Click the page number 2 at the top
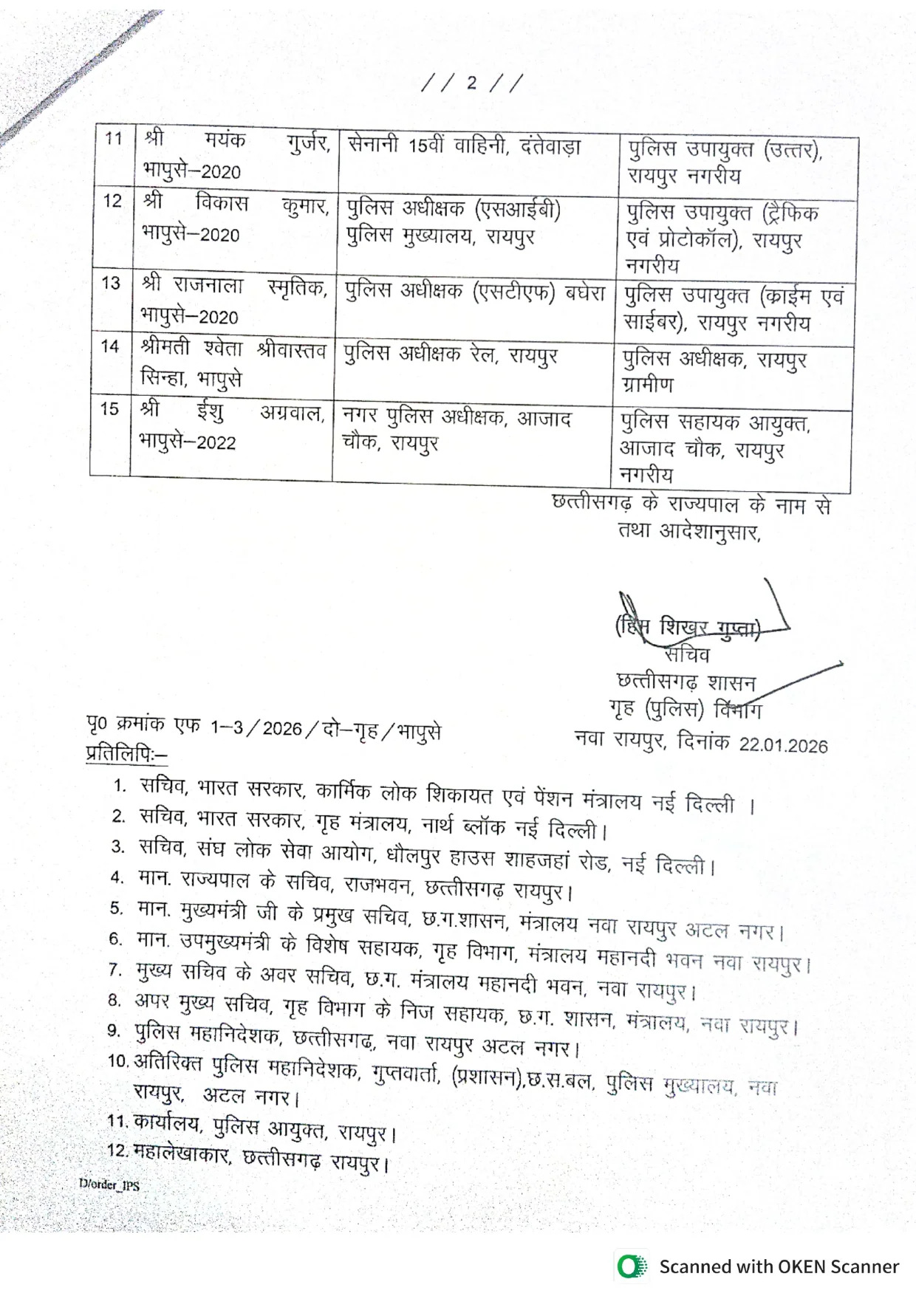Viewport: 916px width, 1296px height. [471, 82]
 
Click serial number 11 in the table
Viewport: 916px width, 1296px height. [113, 138]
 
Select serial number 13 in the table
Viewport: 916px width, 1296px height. [111, 283]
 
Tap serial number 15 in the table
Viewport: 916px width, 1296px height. [109, 408]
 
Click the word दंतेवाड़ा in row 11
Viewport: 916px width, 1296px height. [550, 146]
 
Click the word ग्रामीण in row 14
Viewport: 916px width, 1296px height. [648, 385]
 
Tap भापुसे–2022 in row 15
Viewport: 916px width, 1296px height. [188, 442]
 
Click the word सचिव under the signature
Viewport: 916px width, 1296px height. [687, 655]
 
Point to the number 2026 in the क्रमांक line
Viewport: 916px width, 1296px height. [282, 729]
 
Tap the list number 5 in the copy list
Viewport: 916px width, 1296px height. [117, 908]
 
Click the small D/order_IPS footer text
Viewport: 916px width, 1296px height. [109, 1184]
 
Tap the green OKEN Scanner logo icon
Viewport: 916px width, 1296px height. [630, 1266]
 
